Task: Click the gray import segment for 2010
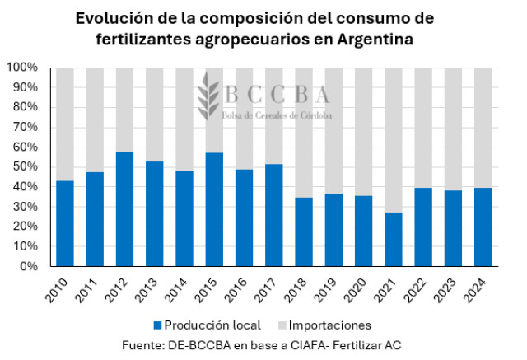pyautogui.click(x=64, y=124)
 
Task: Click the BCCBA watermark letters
pyautogui.click(x=276, y=95)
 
